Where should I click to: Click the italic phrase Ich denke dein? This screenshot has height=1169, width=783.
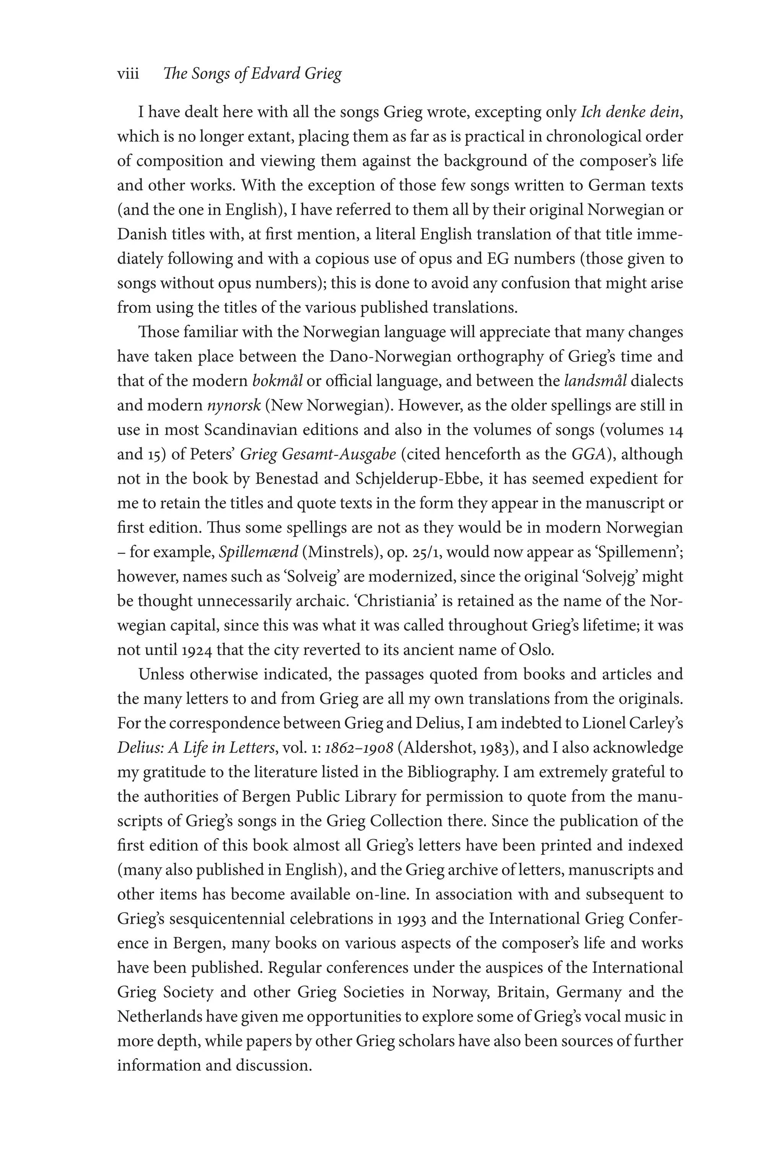(630, 112)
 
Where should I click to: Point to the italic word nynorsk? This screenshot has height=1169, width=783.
(234, 405)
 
